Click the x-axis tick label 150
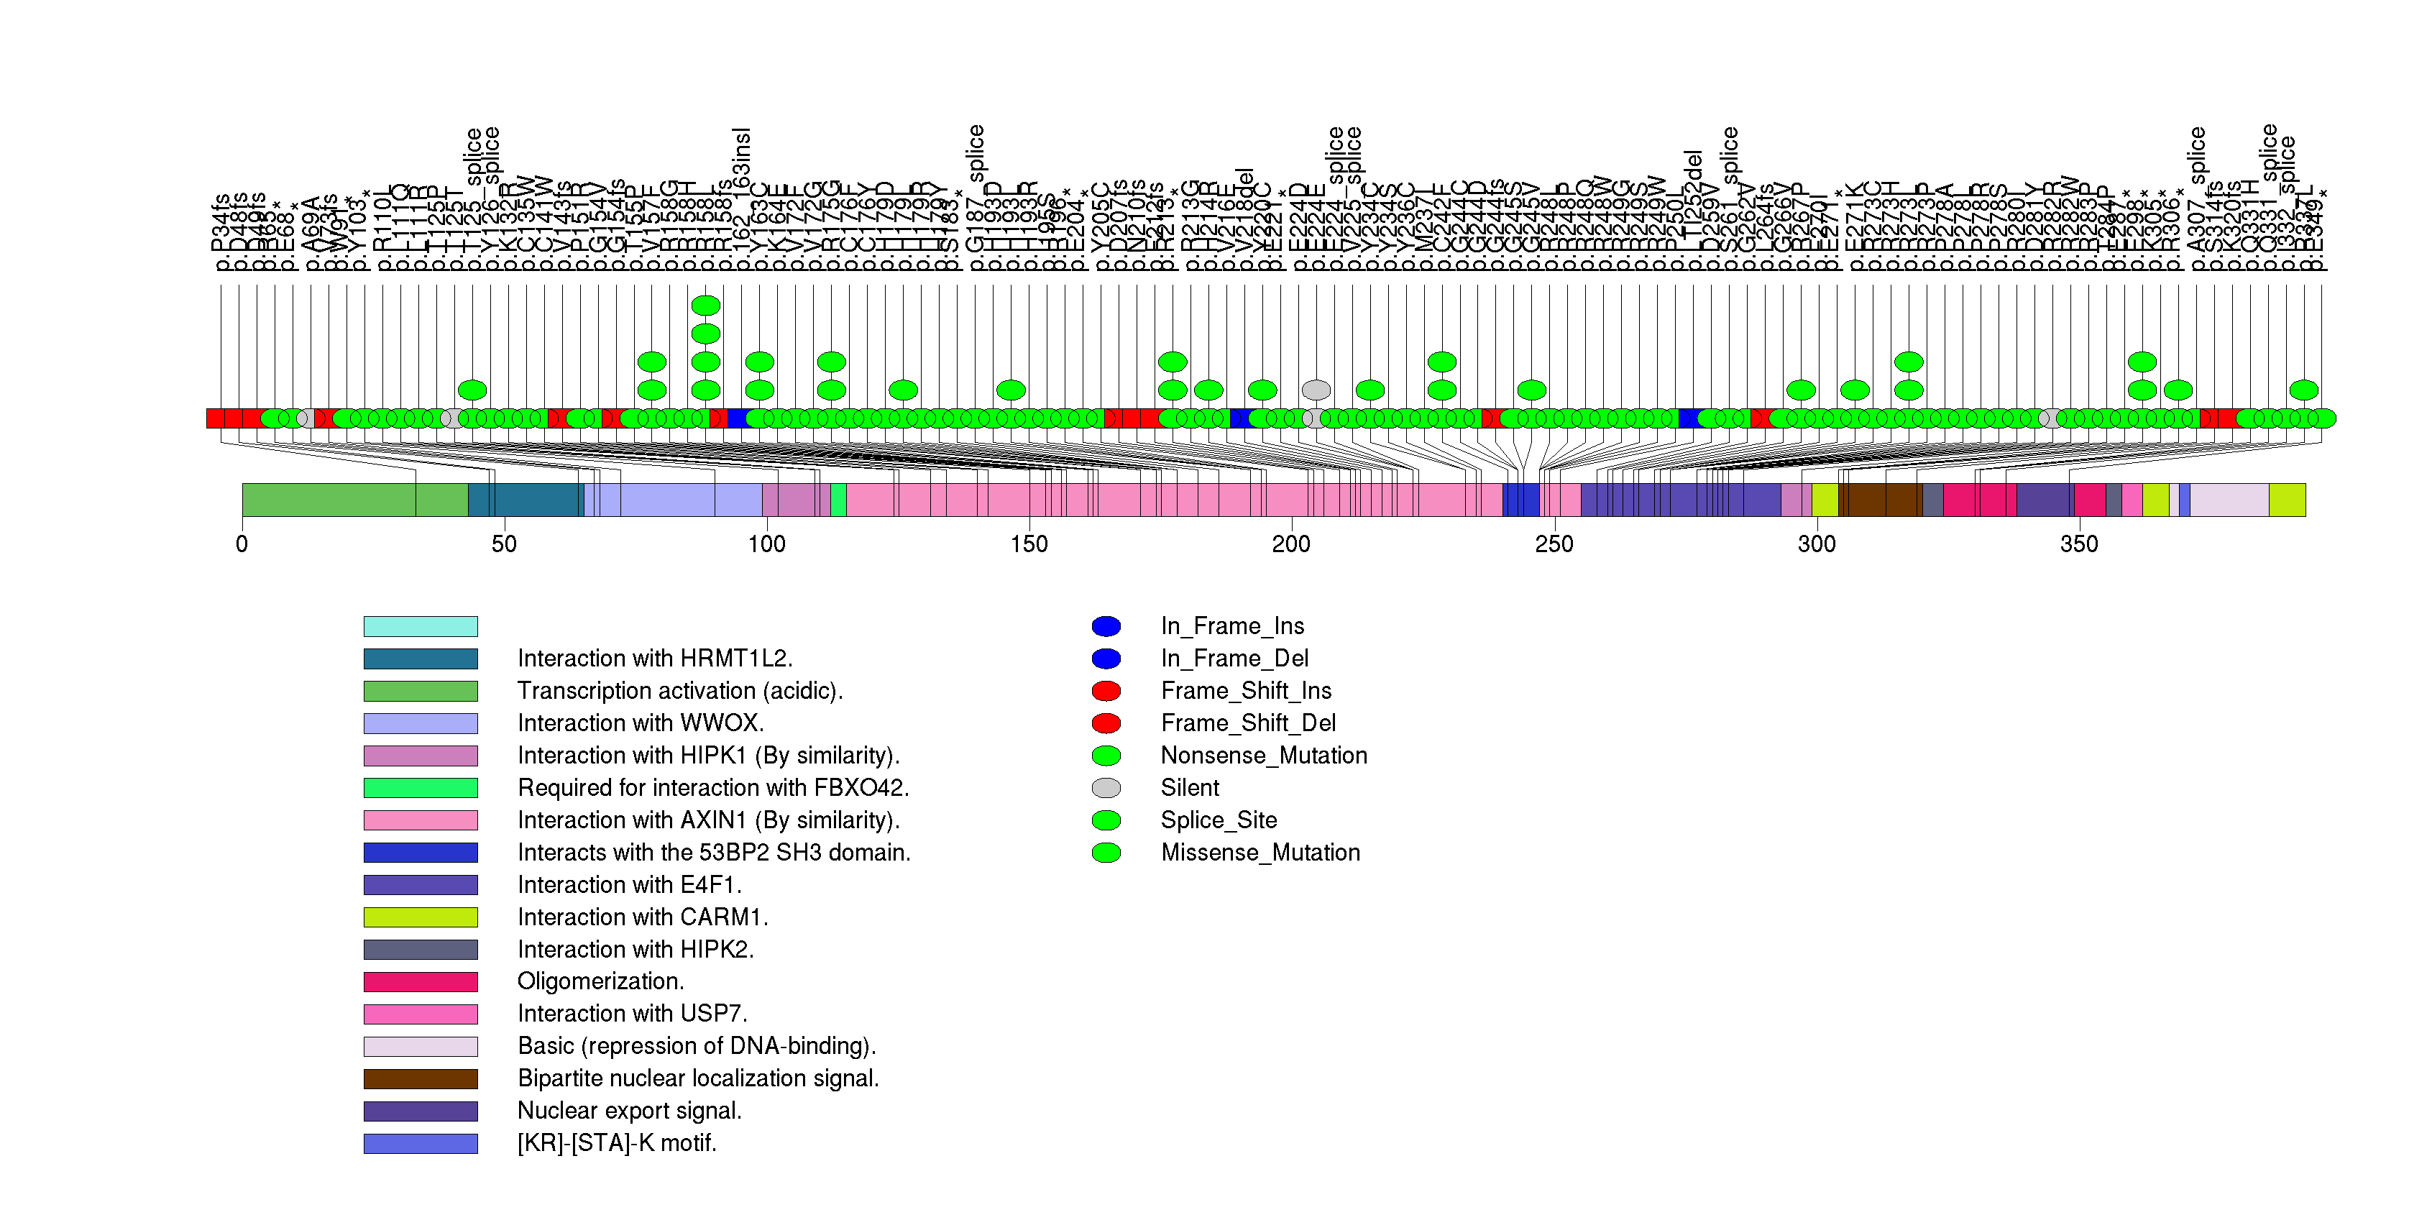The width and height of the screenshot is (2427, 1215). click(1028, 544)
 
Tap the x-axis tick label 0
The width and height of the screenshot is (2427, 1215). click(242, 544)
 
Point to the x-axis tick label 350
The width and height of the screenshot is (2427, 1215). click(2078, 544)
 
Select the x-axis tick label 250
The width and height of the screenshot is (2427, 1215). click(1554, 544)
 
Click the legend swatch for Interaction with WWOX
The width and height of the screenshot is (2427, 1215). click(421, 723)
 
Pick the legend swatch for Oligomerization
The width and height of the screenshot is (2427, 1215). click(421, 981)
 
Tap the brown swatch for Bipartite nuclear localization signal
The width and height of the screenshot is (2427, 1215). click(421, 1078)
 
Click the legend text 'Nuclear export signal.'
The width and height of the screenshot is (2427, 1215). click(629, 1111)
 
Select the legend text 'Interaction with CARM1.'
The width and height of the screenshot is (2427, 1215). click(643, 917)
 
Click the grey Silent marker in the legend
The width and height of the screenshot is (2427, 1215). click(1106, 787)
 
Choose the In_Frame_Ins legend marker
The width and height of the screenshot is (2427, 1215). click(1106, 626)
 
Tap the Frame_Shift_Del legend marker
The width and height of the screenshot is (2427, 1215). click(1106, 723)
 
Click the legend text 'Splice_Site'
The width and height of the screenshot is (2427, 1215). click(1219, 820)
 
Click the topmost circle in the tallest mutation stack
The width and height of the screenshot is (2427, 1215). click(706, 305)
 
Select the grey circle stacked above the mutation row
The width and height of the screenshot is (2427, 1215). click(1316, 390)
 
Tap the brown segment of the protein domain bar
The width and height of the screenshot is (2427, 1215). click(1880, 499)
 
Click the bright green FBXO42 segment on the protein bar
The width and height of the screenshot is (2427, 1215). click(838, 499)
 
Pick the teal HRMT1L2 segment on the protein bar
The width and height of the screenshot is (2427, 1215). click(525, 499)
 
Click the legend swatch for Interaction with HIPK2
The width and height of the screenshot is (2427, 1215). click(421, 950)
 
